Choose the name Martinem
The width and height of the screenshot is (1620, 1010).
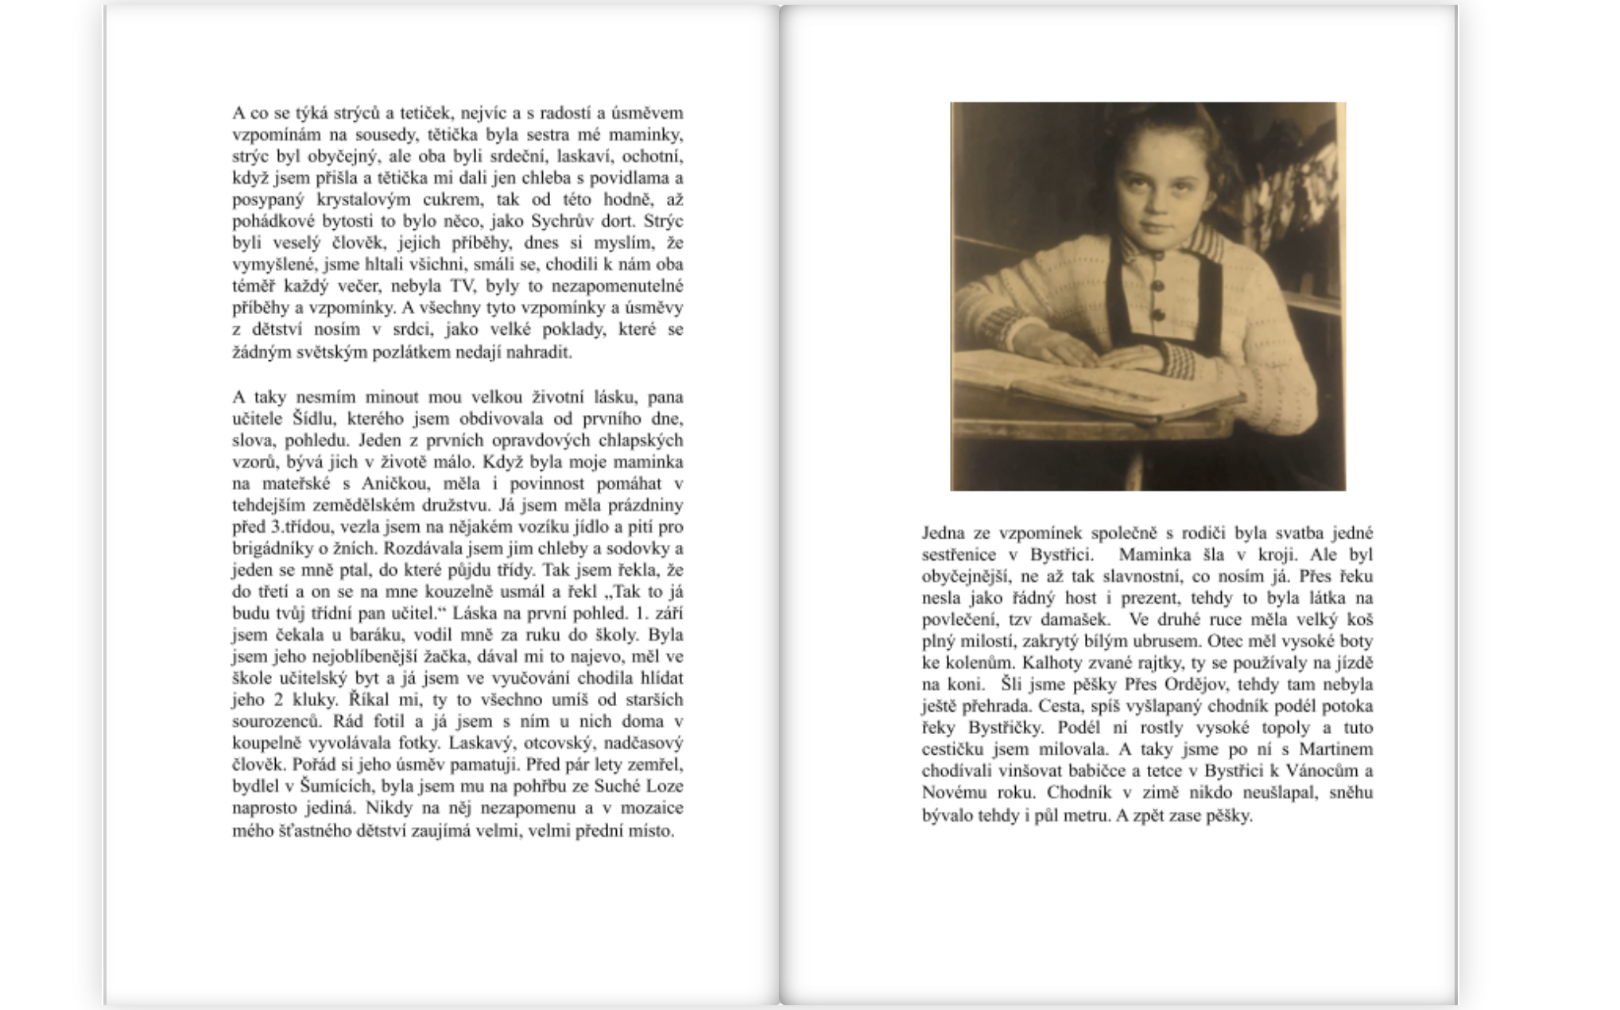pyautogui.click(x=1335, y=749)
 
